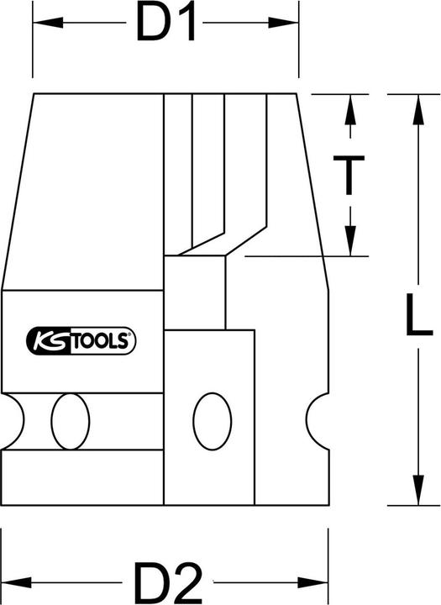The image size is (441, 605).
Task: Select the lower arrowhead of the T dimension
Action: coord(351,244)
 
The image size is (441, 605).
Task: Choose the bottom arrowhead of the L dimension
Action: coord(414,495)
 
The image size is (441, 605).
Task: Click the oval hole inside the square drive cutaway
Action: coord(210,419)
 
